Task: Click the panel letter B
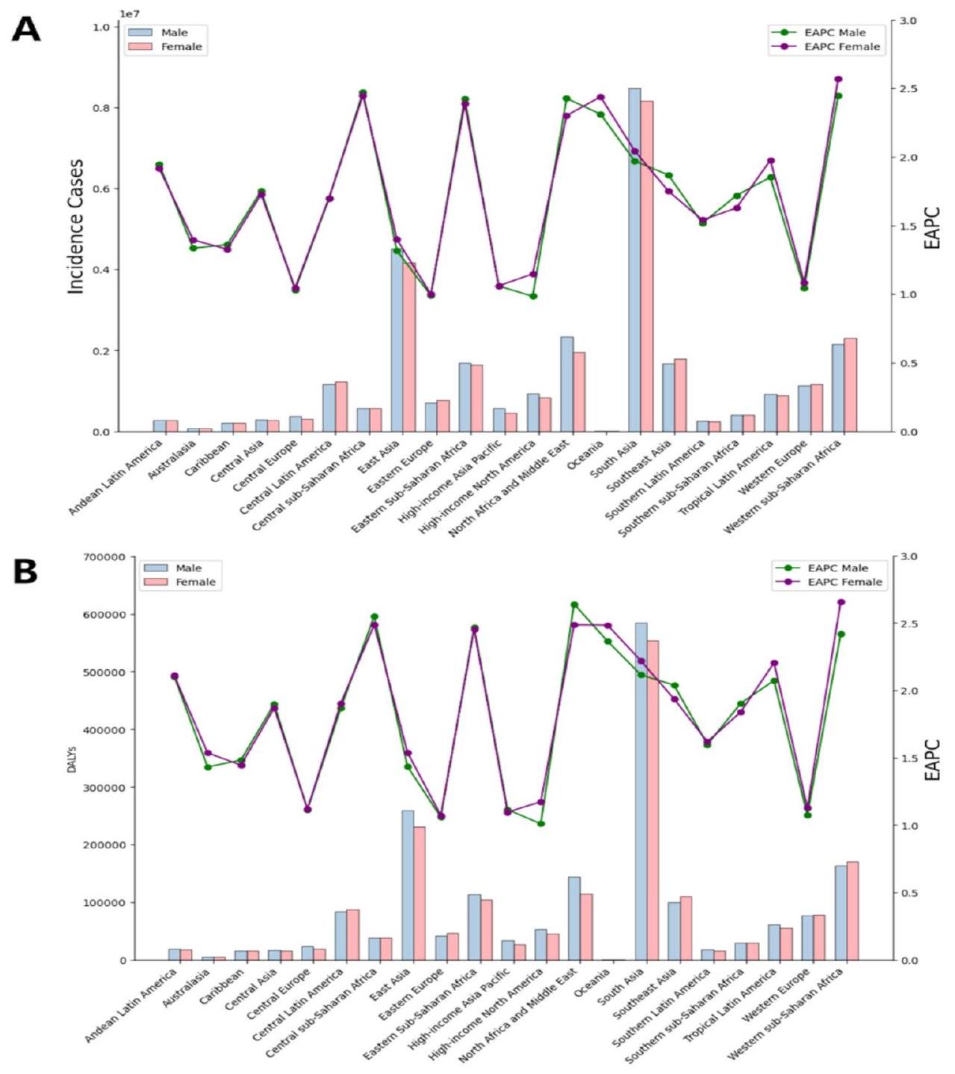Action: [x=25, y=571]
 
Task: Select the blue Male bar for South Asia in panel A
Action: [x=634, y=261]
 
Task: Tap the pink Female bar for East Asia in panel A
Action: [x=409, y=347]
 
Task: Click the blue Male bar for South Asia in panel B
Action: [x=641, y=792]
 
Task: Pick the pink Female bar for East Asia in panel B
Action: [x=419, y=893]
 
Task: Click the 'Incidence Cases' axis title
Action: [x=76, y=226]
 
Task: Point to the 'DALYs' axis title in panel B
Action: [x=72, y=758]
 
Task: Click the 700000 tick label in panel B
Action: [x=105, y=557]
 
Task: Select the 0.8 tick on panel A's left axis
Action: [x=101, y=108]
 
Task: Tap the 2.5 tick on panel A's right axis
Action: [x=908, y=89]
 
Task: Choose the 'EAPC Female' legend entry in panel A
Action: [x=842, y=46]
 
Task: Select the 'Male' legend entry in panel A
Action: [x=174, y=32]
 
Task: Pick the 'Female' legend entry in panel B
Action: [x=196, y=582]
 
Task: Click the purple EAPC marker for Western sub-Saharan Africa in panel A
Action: [x=839, y=79]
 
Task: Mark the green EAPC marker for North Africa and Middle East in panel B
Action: [x=574, y=605]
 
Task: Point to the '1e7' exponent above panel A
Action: [x=131, y=14]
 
